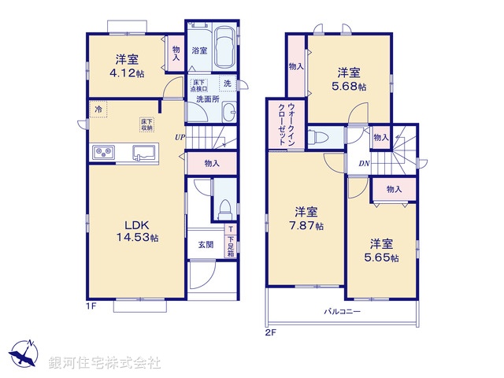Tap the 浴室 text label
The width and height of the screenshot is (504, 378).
coord(199,50)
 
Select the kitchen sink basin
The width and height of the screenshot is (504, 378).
coord(143,151)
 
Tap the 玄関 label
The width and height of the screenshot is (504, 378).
coord(204,244)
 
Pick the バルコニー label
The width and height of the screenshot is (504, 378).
coord(342,312)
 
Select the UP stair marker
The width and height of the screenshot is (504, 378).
coord(180,138)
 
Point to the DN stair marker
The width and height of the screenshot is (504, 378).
coord(365,163)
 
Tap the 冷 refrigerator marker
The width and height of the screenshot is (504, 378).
coord(98,109)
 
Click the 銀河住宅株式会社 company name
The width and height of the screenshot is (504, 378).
coord(105,363)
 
